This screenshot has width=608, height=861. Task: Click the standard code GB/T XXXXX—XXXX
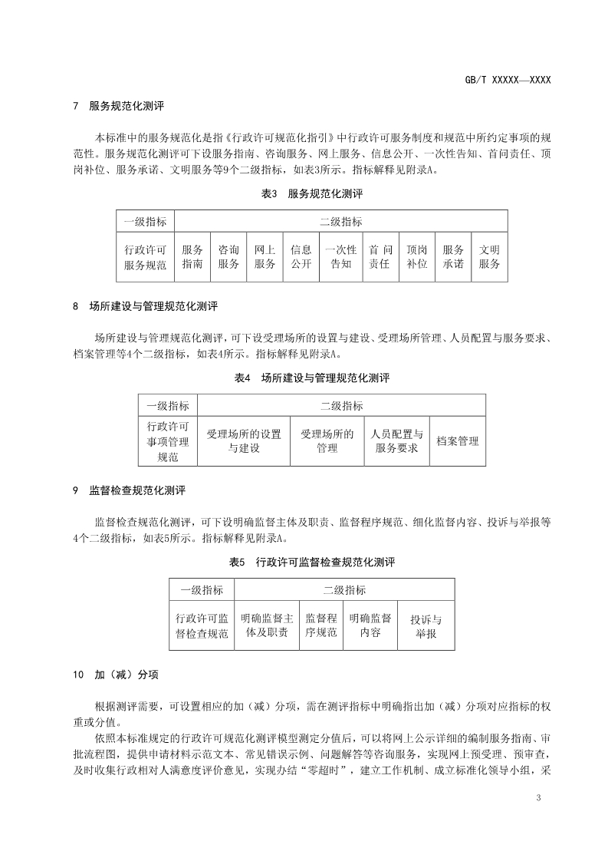coord(508,79)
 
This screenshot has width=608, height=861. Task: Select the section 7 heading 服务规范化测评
coord(126,106)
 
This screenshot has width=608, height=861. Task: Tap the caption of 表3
coord(311,194)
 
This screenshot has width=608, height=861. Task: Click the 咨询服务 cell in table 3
coord(228,256)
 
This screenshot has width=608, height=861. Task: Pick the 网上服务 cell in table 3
coord(265,256)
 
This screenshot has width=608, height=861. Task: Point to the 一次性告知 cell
coord(341,256)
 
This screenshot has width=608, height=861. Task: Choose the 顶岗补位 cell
coord(417,256)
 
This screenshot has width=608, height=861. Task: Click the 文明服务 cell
coord(489,256)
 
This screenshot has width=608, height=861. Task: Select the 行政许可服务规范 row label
coord(145,256)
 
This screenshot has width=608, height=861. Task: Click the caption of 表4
coord(311,378)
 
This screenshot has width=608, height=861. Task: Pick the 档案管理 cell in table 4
coord(457,441)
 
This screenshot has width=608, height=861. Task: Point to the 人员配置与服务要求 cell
coord(396,441)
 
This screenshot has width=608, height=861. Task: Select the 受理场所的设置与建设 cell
coord(244,441)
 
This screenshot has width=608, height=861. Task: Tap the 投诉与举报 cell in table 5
coord(426,626)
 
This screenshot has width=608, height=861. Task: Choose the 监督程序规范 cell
coord(321,625)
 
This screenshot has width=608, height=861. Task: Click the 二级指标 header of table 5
coord(344,590)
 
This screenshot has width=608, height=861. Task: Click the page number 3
coord(539,800)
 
